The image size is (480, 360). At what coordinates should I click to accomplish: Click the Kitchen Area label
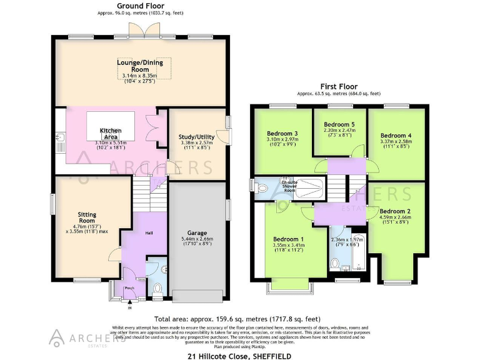111,134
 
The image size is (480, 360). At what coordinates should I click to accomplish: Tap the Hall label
149,233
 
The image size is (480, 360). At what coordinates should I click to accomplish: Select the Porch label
130,288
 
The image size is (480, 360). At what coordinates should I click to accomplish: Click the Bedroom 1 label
289,239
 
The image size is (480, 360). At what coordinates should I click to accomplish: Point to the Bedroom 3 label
282,133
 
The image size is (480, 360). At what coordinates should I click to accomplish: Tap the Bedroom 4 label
396,135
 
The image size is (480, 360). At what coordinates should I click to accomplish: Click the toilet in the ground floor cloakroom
157,289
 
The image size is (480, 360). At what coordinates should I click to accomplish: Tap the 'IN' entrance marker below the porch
130,307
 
